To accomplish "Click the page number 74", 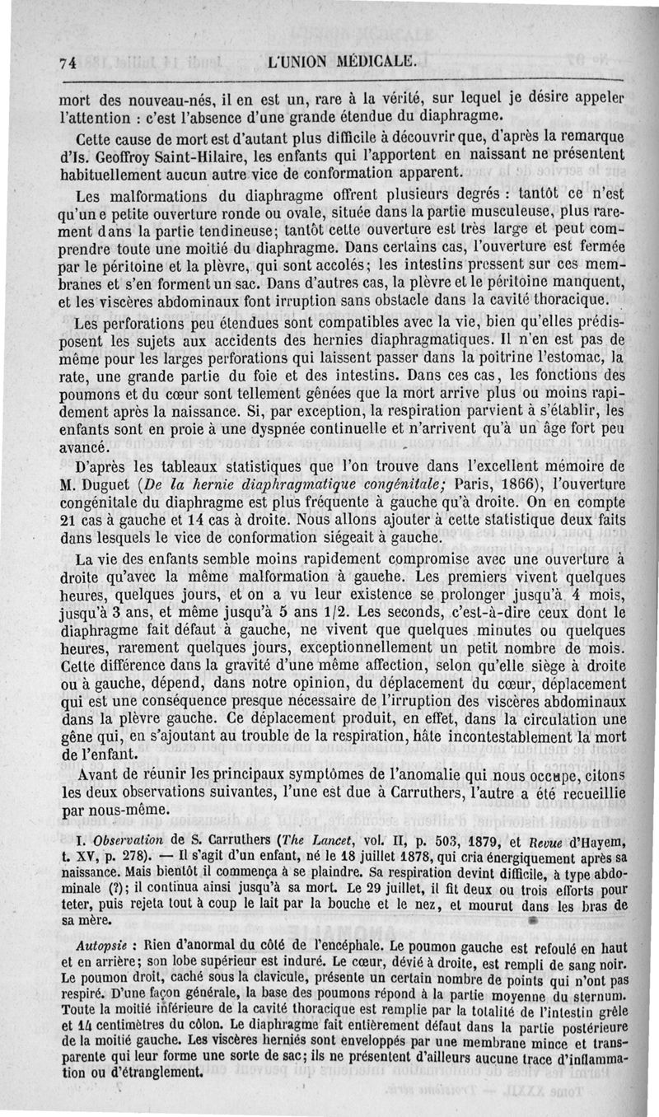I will [68, 61].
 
